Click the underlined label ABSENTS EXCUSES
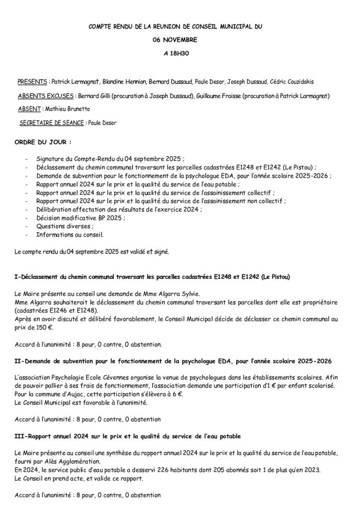point(46,95)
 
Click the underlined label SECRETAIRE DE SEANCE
point(52,122)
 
